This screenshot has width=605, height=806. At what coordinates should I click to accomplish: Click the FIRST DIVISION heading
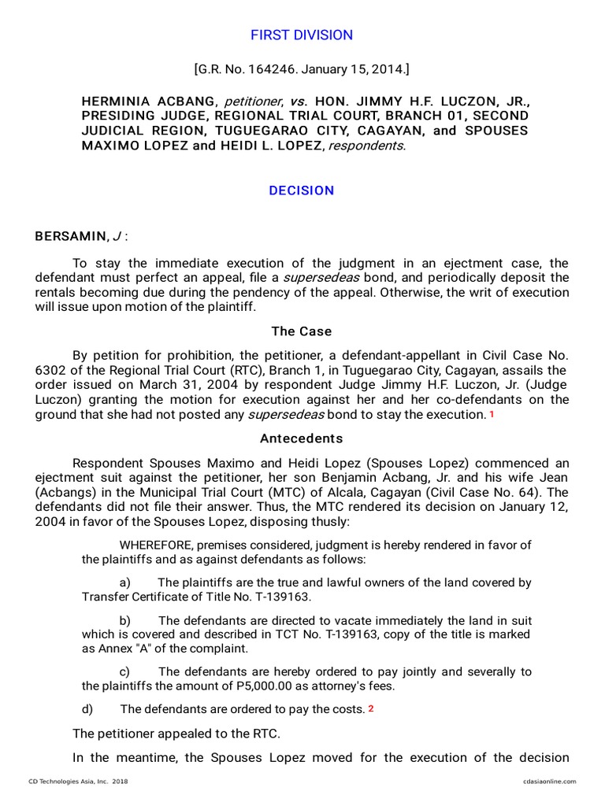302,35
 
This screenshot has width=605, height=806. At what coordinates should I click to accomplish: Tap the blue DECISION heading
302,190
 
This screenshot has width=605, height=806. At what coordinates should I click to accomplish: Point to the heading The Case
302,331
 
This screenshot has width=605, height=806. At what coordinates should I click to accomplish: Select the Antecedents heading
302,438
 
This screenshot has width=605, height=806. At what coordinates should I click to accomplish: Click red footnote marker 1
492,415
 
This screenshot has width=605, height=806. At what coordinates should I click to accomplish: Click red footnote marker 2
370,708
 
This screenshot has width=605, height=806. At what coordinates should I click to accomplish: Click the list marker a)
125,583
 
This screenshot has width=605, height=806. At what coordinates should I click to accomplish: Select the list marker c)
124,671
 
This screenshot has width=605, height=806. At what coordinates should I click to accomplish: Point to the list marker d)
87,709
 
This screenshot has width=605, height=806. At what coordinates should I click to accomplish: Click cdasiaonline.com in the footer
549,782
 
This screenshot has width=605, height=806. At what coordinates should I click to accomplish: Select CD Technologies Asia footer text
78,782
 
